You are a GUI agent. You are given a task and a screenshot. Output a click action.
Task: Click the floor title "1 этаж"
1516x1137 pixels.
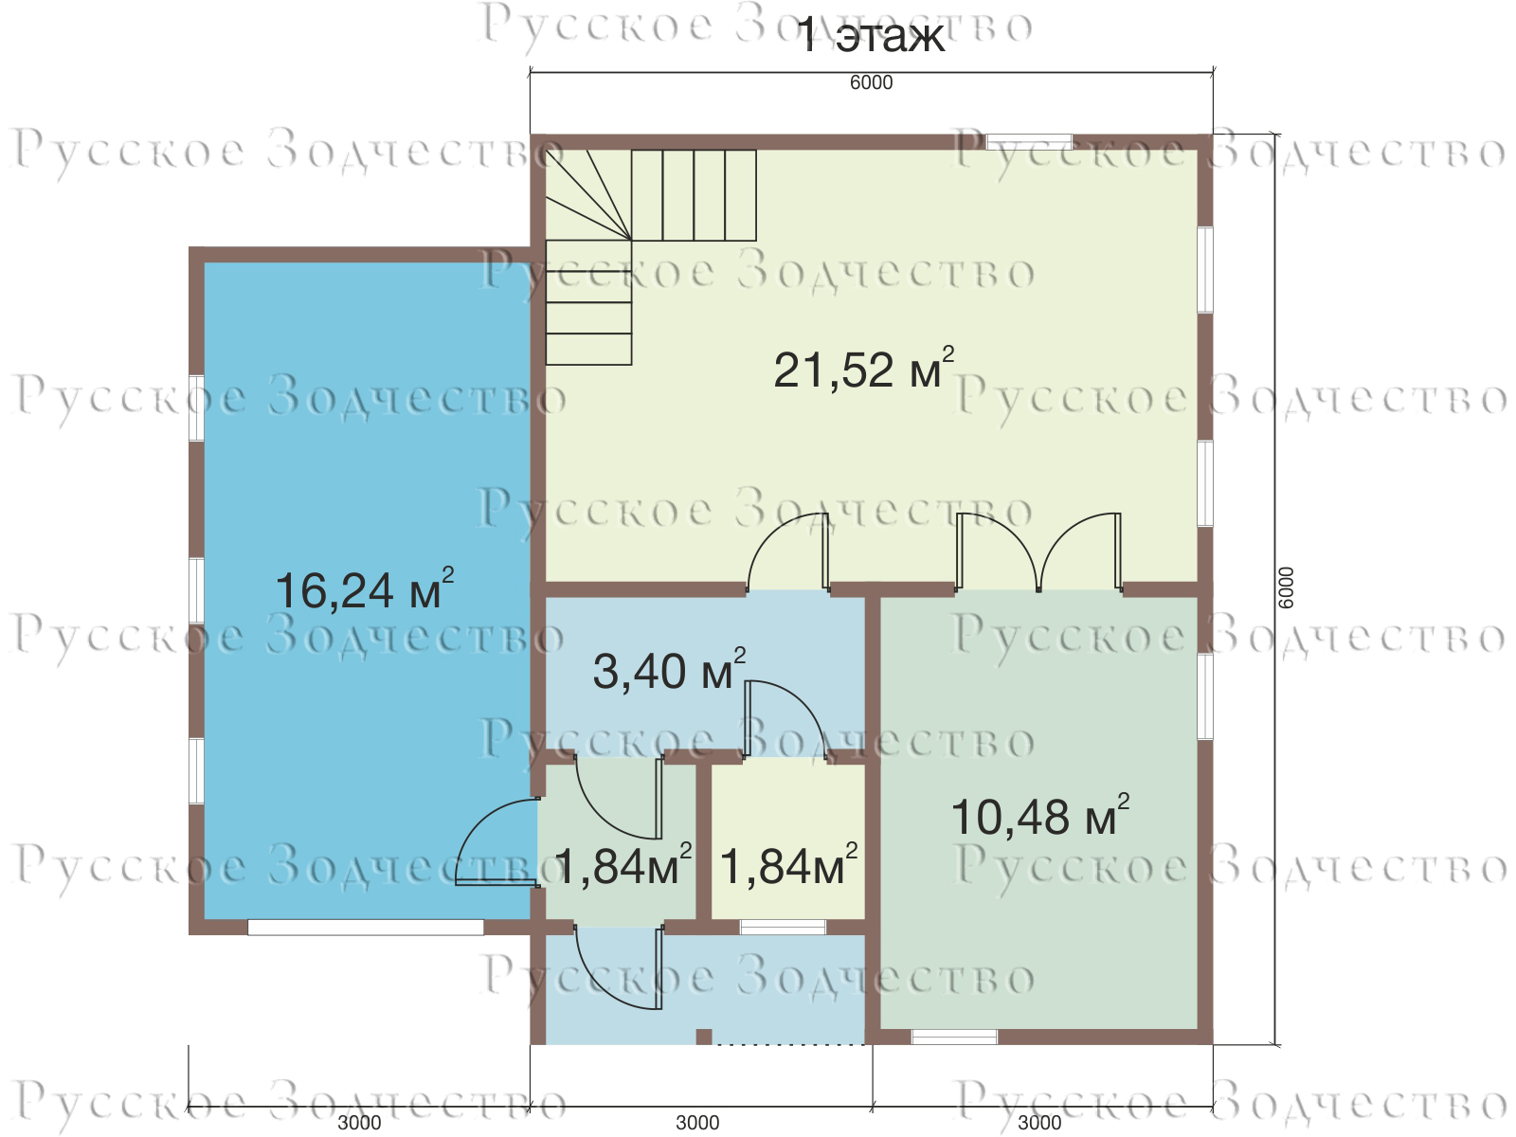pyautogui.click(x=871, y=36)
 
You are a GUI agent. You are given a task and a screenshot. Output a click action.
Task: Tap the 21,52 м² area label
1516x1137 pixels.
pyautogui.click(x=864, y=369)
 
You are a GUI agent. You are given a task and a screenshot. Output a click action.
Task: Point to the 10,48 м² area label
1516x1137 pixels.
pyautogui.click(x=1040, y=815)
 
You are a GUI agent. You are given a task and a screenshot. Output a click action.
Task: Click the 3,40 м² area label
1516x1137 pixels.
pyautogui.click(x=669, y=669)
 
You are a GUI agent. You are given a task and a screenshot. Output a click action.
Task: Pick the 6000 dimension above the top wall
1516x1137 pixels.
pyautogui.click(x=871, y=82)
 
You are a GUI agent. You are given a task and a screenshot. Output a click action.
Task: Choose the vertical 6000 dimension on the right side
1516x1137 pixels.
pyautogui.click(x=1286, y=587)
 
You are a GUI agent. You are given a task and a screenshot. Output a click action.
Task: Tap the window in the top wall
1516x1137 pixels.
pyautogui.click(x=1029, y=142)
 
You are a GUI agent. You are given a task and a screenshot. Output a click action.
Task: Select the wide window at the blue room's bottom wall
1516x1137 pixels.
pyautogui.click(x=366, y=928)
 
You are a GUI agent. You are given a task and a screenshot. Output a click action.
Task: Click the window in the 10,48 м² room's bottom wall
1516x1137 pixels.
pyautogui.click(x=954, y=1037)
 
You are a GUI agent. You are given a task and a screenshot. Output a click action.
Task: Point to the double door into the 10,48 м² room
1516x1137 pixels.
pyautogui.click(x=1038, y=552)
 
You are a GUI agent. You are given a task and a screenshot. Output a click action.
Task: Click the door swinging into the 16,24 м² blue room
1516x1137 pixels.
pyautogui.click(x=497, y=842)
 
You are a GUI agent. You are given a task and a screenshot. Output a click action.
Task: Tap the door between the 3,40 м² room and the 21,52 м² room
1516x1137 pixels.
pyautogui.click(x=788, y=552)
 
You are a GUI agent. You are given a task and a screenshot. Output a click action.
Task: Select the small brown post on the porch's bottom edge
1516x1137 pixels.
pyautogui.click(x=704, y=1037)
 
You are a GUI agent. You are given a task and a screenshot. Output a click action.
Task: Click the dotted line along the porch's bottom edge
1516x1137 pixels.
pyautogui.click(x=788, y=1044)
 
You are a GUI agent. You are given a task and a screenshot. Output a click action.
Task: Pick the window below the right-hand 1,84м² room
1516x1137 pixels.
pyautogui.click(x=784, y=928)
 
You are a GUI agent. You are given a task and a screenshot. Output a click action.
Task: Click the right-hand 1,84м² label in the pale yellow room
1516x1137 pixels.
pyautogui.click(x=788, y=863)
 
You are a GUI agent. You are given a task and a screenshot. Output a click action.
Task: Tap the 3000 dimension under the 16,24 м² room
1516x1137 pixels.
pyautogui.click(x=359, y=1123)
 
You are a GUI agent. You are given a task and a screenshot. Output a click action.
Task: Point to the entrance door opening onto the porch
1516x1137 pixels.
pyautogui.click(x=618, y=967)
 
